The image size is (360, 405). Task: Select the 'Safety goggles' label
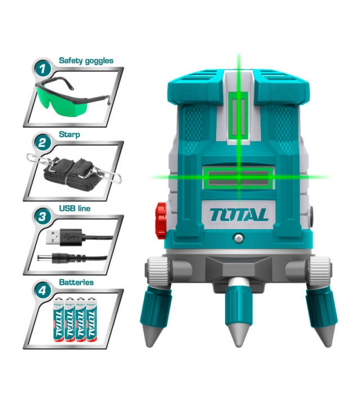(86, 60)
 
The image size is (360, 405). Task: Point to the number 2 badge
(43, 144)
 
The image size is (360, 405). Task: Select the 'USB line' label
(75, 208)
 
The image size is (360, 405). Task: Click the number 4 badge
(43, 291)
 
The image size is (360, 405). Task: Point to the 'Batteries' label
(76, 282)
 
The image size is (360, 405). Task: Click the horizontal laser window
(238, 176)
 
